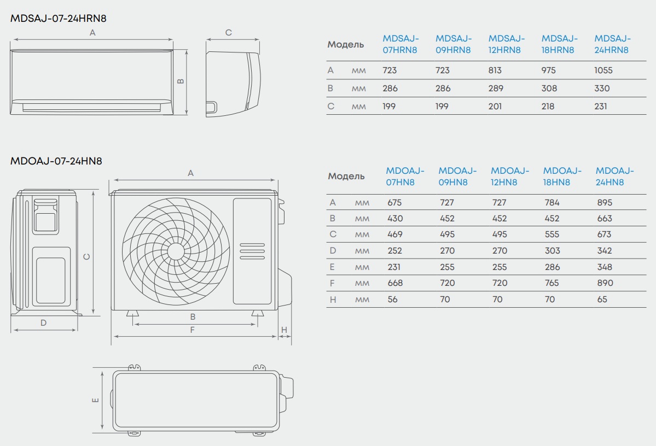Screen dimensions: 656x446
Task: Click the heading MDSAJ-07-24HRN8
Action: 58,19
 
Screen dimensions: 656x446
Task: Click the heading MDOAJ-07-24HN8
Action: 56,161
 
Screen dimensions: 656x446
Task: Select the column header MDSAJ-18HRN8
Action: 559,44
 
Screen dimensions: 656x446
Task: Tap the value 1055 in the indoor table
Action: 603,70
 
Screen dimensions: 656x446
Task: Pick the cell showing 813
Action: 495,70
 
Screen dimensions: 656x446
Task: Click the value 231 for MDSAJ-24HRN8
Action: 601,106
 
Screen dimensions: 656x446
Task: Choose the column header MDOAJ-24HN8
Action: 614,177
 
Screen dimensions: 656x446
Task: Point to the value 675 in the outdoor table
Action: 394,202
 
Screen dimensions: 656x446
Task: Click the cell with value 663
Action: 605,218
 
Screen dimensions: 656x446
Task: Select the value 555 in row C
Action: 552,234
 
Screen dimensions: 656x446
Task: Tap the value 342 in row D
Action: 605,250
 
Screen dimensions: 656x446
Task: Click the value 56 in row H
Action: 392,300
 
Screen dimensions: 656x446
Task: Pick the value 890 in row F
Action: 605,283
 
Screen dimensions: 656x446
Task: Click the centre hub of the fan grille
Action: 176,251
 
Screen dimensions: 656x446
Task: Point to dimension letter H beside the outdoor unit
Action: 284,330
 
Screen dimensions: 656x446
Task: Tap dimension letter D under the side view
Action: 44,322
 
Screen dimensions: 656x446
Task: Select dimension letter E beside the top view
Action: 95,400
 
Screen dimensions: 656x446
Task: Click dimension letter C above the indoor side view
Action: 229,33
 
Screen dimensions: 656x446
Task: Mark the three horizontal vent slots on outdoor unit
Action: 252,251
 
